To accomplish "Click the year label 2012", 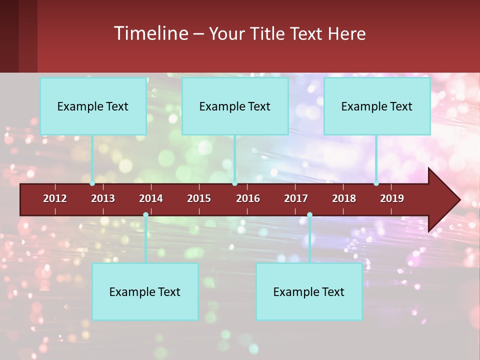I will click(x=55, y=198).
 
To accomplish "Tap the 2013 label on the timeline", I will click(x=103, y=198).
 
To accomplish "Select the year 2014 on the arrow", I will click(x=151, y=198).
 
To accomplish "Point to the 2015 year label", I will click(x=199, y=198).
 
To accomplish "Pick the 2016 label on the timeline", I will click(x=248, y=198).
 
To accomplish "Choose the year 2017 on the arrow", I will click(x=296, y=198).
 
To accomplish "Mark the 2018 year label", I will click(x=344, y=198).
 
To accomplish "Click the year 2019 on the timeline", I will click(x=392, y=198).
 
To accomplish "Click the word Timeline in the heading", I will click(x=150, y=33).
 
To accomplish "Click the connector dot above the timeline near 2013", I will click(x=92, y=183).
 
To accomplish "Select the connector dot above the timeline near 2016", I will click(x=235, y=183).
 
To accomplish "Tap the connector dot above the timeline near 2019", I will click(x=376, y=183).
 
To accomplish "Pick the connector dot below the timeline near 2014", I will click(x=145, y=215).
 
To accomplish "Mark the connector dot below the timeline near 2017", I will click(x=309, y=215).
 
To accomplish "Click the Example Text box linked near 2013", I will click(x=93, y=106).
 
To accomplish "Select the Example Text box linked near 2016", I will click(x=235, y=106).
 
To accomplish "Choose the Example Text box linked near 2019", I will click(x=377, y=106).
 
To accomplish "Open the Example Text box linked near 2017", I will click(x=309, y=291).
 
